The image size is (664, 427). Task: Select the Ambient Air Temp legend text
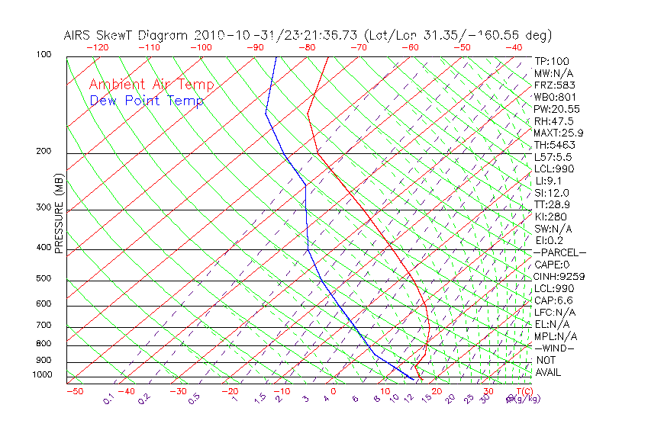[151, 85]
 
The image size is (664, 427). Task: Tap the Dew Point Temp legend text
[147, 101]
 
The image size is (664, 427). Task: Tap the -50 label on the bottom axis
[74, 391]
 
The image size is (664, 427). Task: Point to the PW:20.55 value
[557, 109]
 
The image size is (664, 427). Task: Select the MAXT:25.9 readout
[559, 133]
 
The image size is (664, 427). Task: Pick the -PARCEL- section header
[559, 252]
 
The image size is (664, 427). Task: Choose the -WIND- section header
[555, 348]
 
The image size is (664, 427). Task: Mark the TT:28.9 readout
[553, 204]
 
